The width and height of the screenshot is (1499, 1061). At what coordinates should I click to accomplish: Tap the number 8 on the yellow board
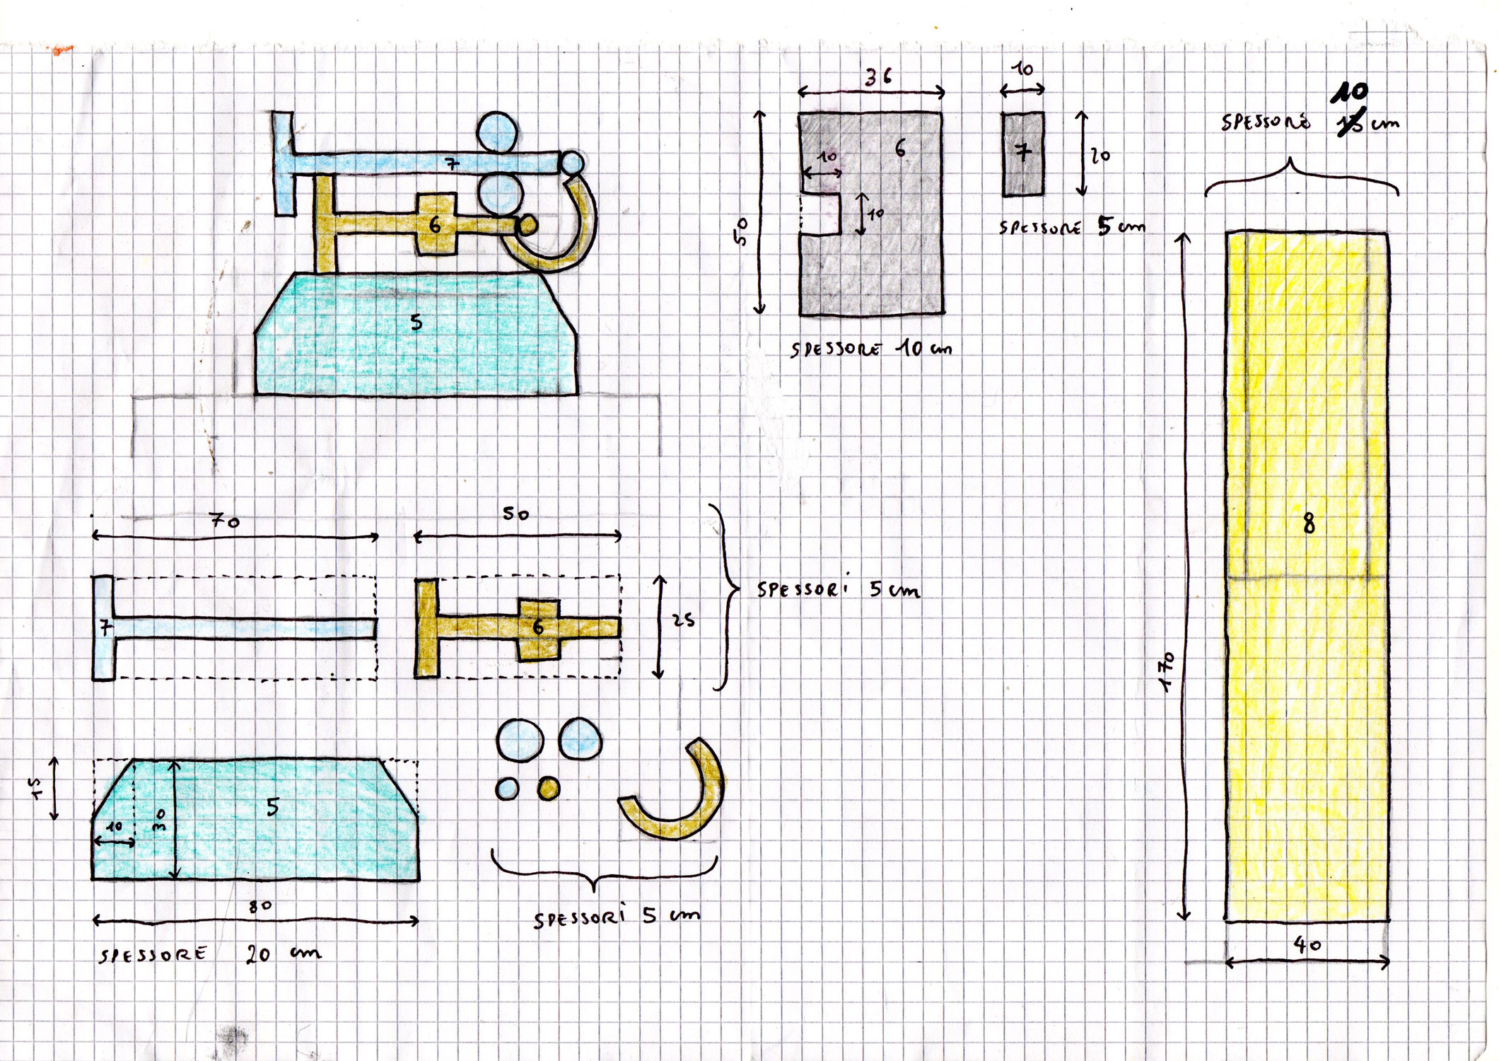(1309, 523)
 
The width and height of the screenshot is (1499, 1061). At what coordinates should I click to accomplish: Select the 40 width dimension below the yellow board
(1307, 944)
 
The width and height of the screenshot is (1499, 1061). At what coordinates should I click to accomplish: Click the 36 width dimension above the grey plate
(877, 77)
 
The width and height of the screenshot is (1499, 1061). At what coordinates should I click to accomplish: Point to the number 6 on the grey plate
(899, 149)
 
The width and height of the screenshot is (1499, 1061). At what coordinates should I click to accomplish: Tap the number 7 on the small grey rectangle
(1022, 152)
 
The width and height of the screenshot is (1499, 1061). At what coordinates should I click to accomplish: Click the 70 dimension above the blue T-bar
(225, 521)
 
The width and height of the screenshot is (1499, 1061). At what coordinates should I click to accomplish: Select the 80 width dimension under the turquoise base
(260, 906)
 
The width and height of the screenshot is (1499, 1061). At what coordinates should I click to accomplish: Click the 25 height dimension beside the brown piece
(683, 620)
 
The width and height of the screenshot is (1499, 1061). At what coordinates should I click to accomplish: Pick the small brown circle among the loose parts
(548, 788)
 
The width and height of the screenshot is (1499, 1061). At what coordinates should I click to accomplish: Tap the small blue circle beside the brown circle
(507, 788)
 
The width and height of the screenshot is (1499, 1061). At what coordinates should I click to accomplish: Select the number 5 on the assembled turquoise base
(416, 323)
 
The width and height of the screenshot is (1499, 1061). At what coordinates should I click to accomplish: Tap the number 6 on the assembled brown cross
(435, 225)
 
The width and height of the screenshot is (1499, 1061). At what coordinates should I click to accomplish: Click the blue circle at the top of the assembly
(497, 132)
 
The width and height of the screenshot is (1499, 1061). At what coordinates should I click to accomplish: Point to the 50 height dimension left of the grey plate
(741, 231)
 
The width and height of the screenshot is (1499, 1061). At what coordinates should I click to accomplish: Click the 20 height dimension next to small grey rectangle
(1100, 155)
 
